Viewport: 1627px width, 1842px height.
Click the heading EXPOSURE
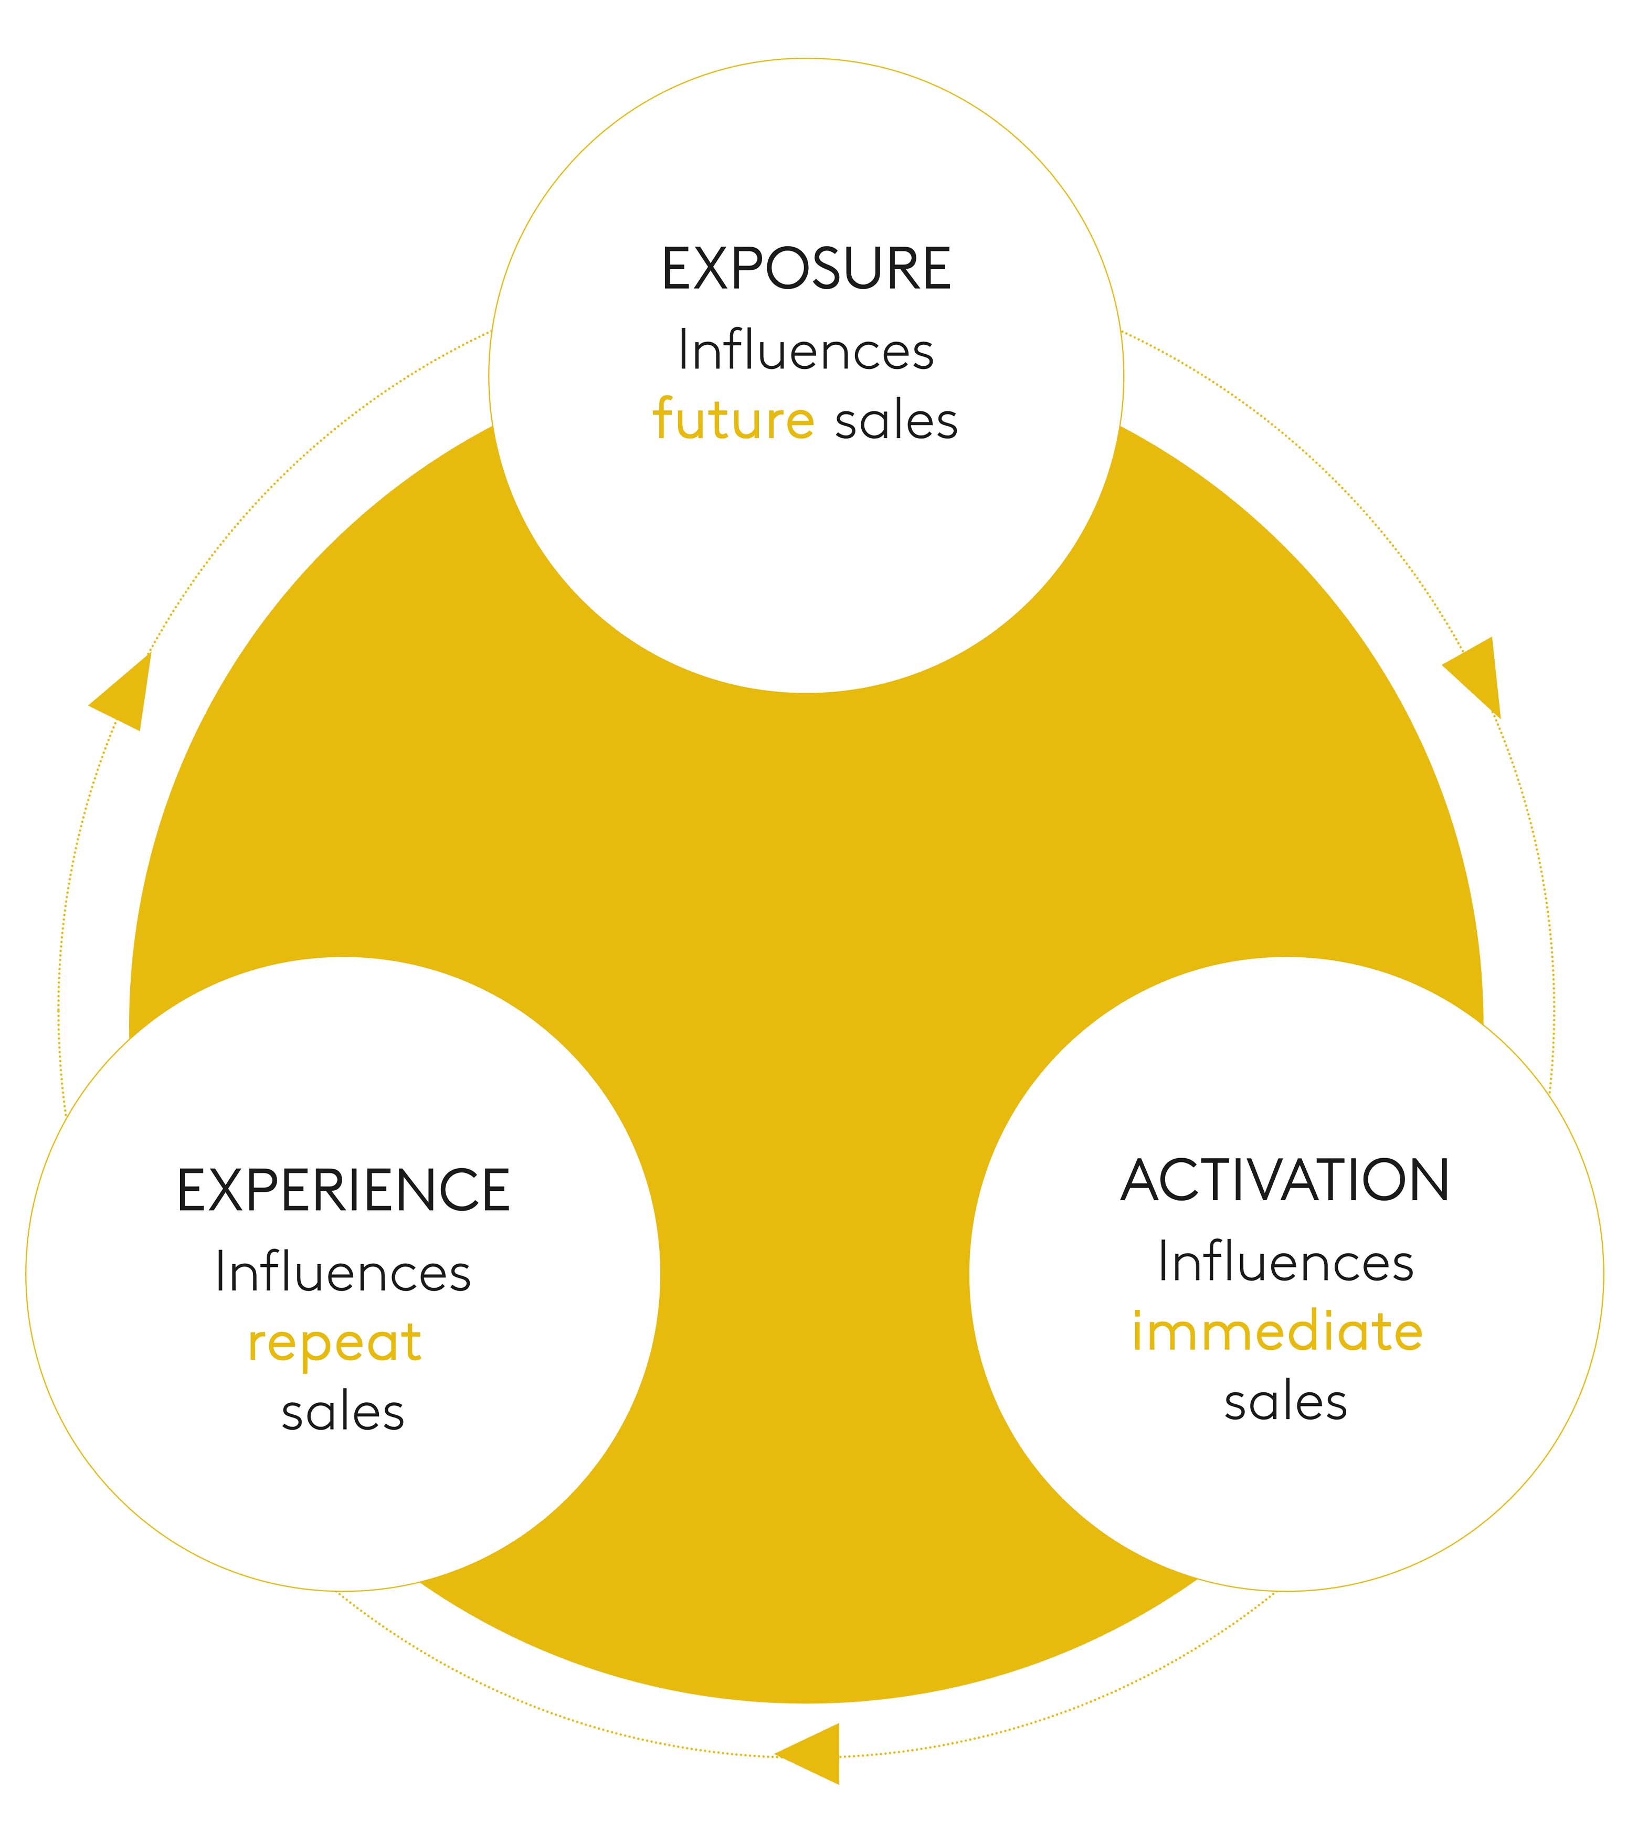[x=806, y=269]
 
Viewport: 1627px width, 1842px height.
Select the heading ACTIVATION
[x=1285, y=1181]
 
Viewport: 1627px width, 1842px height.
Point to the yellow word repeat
[x=334, y=1343]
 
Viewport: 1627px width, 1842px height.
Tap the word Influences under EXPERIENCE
[x=343, y=1273]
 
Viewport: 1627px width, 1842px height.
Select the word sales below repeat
[x=343, y=1412]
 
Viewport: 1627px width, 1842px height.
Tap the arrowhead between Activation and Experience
[x=814, y=1753]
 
